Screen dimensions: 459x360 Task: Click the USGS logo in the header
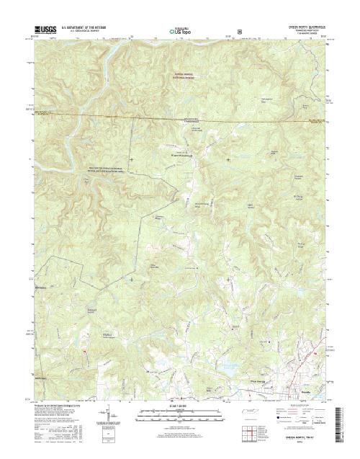pos(42,31)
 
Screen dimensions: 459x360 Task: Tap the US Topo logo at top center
pos(179,32)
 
